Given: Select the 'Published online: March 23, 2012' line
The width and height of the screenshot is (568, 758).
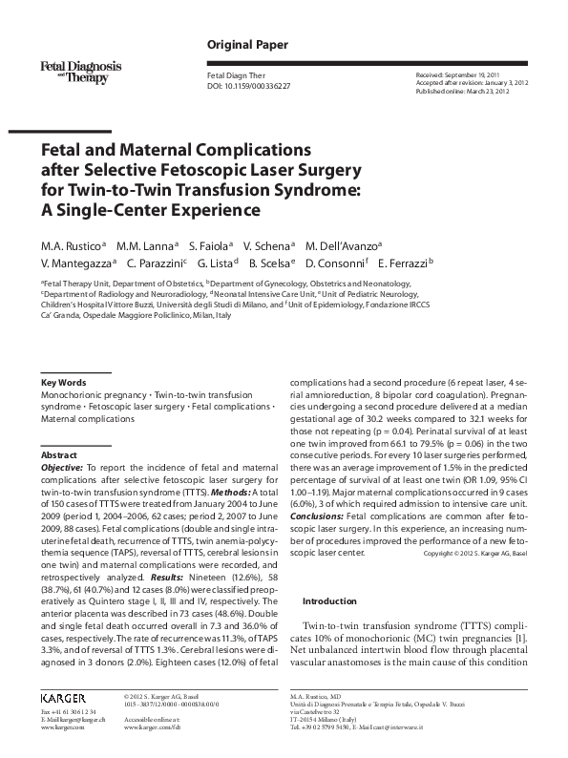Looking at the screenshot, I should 460,92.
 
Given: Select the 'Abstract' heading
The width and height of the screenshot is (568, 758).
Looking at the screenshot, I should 59,456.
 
